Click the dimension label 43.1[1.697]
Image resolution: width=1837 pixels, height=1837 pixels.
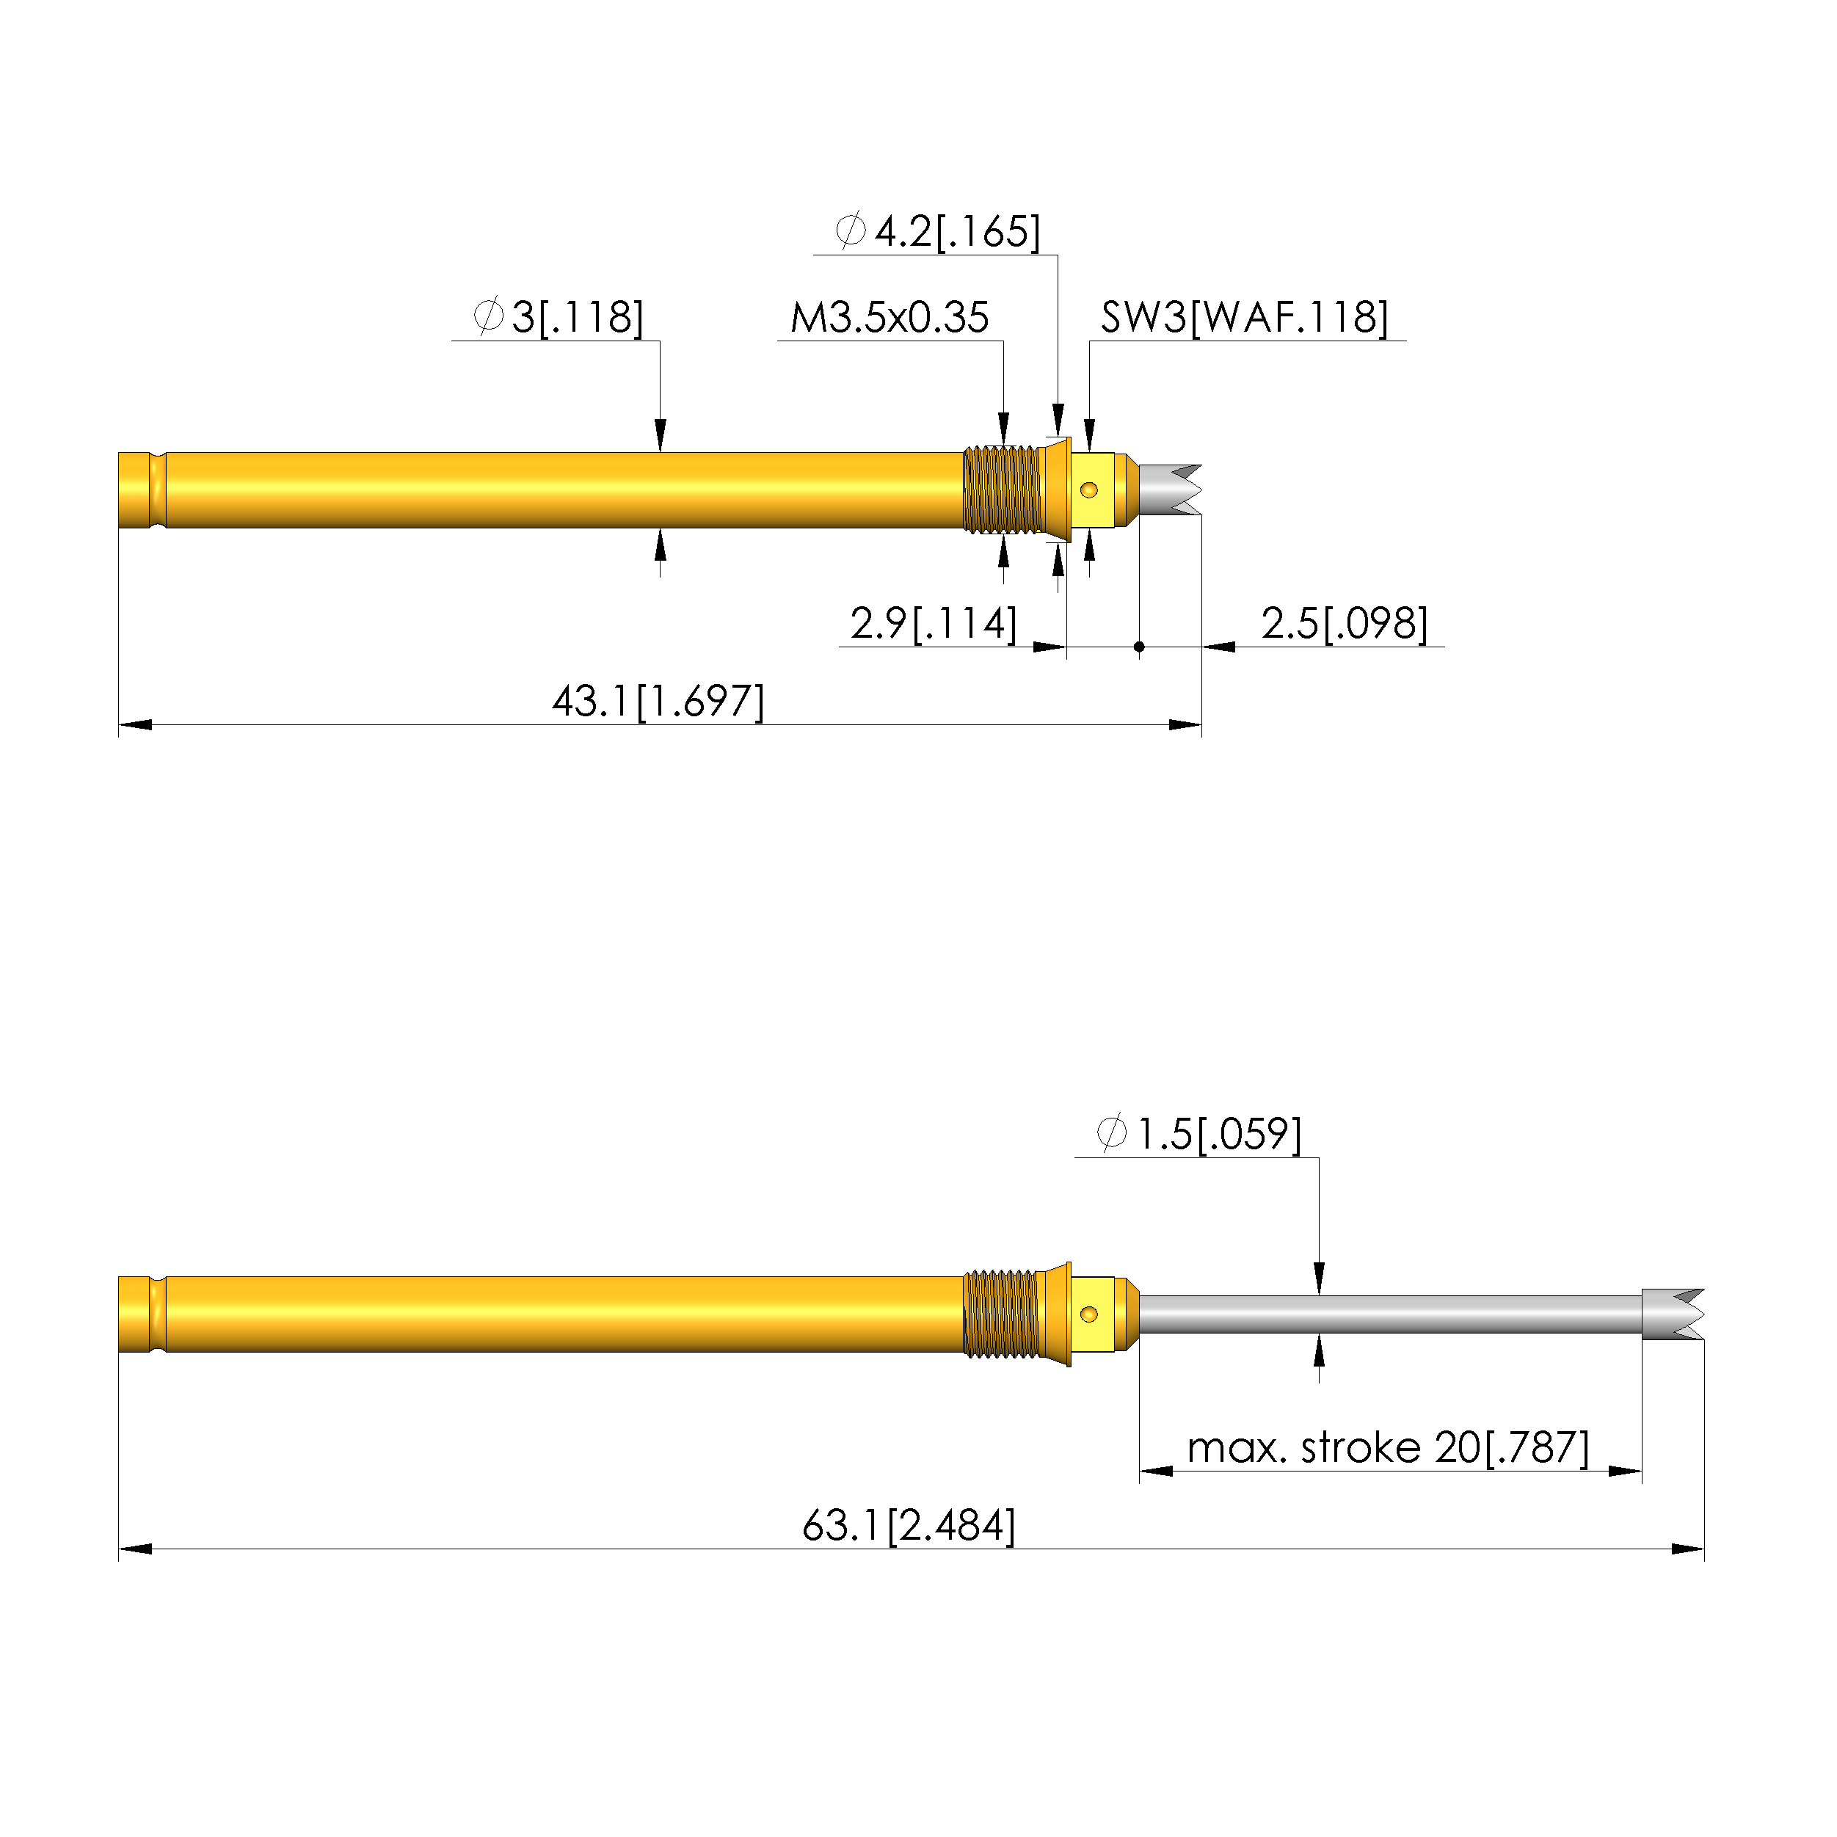coord(658,702)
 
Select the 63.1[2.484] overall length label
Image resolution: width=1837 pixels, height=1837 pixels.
coord(909,1526)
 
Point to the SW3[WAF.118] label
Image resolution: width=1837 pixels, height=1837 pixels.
coord(1245,318)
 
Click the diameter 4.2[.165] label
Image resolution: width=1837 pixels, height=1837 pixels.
coord(937,231)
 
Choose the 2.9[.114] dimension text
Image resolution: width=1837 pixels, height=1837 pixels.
coord(934,624)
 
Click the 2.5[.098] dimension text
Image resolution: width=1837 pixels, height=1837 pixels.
coord(1345,624)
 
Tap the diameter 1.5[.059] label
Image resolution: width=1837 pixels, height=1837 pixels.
coord(1198,1135)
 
